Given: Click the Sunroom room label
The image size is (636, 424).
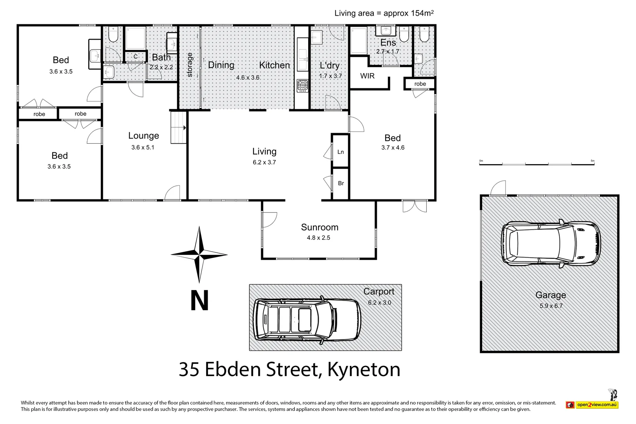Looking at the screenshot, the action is (x=320, y=227).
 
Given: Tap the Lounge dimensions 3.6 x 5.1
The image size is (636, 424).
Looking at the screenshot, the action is (x=143, y=147).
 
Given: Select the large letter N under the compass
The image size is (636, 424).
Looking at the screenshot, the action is (x=199, y=300).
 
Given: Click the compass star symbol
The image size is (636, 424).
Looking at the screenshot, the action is (x=199, y=254).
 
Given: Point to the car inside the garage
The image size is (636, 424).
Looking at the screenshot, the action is (x=550, y=243).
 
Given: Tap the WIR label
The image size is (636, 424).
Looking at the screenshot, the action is (x=367, y=76).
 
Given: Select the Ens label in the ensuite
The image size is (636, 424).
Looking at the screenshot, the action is (x=388, y=43).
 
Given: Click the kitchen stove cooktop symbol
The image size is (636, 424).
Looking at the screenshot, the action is (x=302, y=86).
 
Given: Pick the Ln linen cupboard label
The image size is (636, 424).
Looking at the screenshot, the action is (x=341, y=152).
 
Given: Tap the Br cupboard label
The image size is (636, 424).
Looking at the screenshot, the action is (x=341, y=183).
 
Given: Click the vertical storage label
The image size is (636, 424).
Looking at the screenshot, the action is (x=190, y=65).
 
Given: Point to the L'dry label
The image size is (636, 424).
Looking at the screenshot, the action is (x=329, y=66).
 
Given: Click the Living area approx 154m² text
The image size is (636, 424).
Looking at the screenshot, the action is (x=384, y=13).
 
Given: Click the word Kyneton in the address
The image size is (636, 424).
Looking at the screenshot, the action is (x=364, y=369).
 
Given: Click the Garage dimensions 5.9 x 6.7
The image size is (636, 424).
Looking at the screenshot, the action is (x=551, y=306).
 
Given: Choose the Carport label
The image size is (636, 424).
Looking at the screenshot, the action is (x=379, y=291).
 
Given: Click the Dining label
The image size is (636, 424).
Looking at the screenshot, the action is (x=221, y=65).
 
